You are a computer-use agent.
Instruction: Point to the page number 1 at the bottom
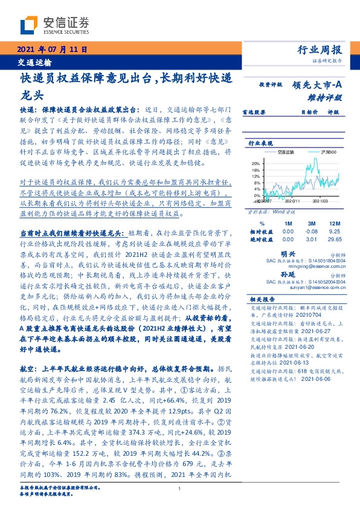click(x=180, y=491)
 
